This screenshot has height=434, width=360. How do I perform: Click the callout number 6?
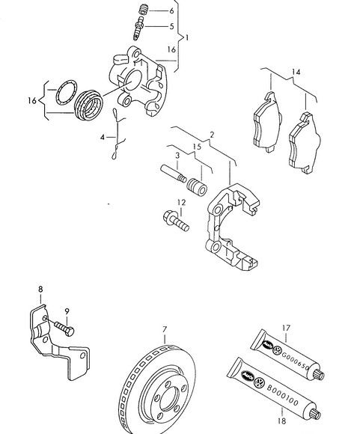[x=171, y=10]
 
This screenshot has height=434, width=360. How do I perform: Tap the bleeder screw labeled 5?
[x=138, y=28]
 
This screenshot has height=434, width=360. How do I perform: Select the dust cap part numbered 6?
[x=144, y=10]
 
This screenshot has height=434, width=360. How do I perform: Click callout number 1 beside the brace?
[x=187, y=37]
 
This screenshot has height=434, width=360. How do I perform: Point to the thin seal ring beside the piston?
[x=66, y=93]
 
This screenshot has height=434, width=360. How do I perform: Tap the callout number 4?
[x=103, y=137]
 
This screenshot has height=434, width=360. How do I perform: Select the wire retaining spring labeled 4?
[x=118, y=135]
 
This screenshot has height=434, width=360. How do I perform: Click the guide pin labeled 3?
[x=174, y=174]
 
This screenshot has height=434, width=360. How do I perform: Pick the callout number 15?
[x=197, y=147]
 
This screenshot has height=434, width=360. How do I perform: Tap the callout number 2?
[x=212, y=135]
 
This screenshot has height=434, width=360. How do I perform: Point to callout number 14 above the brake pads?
[x=296, y=72]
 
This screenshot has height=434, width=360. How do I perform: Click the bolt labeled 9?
[x=64, y=328]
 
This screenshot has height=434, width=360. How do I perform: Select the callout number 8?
[x=40, y=290]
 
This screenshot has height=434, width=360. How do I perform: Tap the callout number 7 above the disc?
[x=165, y=330]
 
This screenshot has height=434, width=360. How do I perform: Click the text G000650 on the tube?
[x=295, y=361]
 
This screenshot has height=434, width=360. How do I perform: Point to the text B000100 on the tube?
[x=282, y=396]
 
